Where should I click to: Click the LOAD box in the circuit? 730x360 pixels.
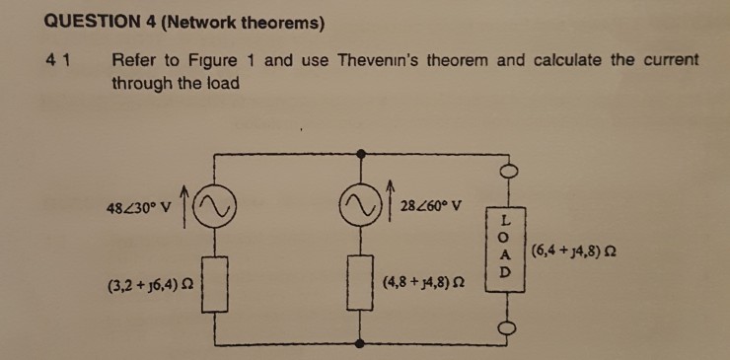pyautogui.click(x=507, y=245)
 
